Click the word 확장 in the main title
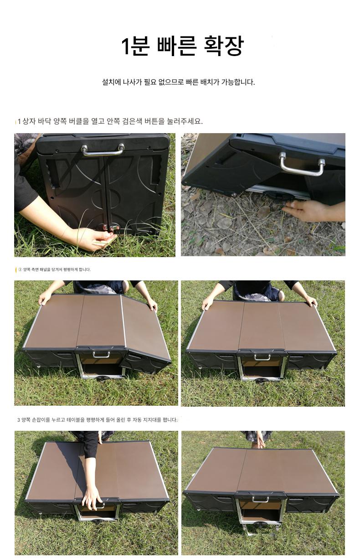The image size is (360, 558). click(x=224, y=46)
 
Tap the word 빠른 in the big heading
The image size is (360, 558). click(x=177, y=46)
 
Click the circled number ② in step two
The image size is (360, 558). click(x=20, y=269)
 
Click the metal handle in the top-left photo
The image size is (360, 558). click(x=103, y=150)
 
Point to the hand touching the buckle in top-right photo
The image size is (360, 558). click(x=304, y=211)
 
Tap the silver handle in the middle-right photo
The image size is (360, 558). click(x=262, y=357)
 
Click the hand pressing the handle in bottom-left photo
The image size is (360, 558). click(x=92, y=499)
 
